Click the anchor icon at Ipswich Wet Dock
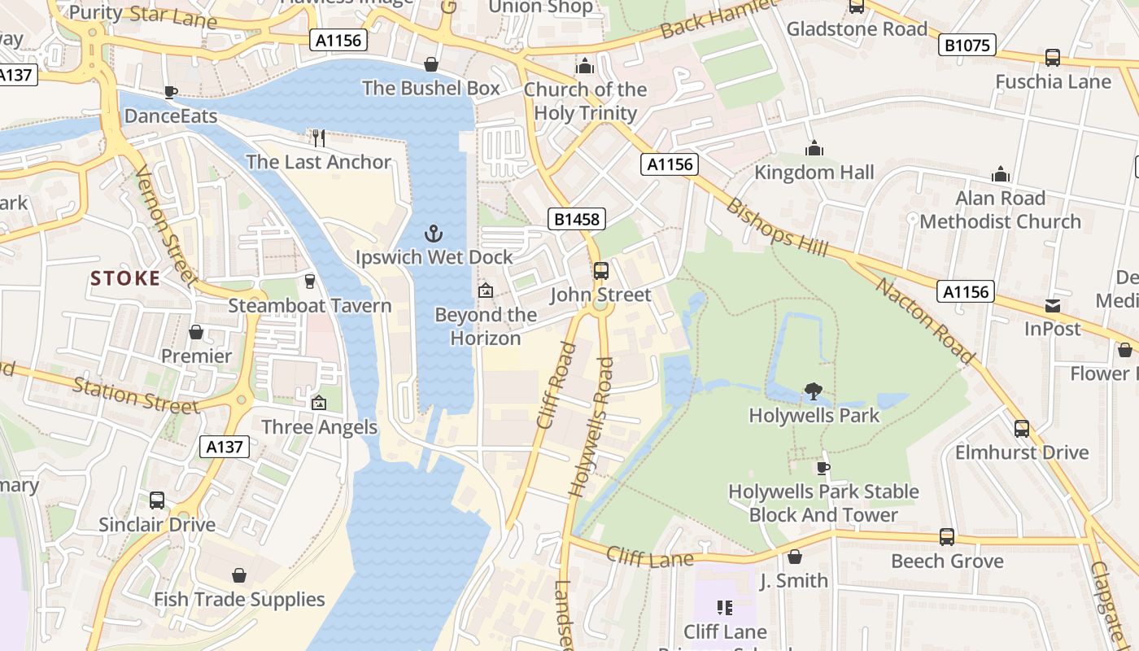[434, 234]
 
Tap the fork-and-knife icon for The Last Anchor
[319, 138]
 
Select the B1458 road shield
[577, 218]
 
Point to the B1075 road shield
[967, 45]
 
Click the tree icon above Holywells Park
[813, 391]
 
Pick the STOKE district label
[125, 278]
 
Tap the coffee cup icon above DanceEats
[170, 92]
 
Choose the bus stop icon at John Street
[600, 271]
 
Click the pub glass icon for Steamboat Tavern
[309, 282]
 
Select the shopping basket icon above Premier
[196, 332]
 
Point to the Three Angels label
[319, 427]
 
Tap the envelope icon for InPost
[1053, 305]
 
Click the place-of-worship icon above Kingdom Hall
[814, 148]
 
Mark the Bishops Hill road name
[776, 227]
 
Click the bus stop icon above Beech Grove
[947, 537]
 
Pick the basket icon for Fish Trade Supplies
[239, 576]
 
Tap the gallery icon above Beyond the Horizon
[486, 291]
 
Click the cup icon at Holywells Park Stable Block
[823, 468]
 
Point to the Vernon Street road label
[167, 226]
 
